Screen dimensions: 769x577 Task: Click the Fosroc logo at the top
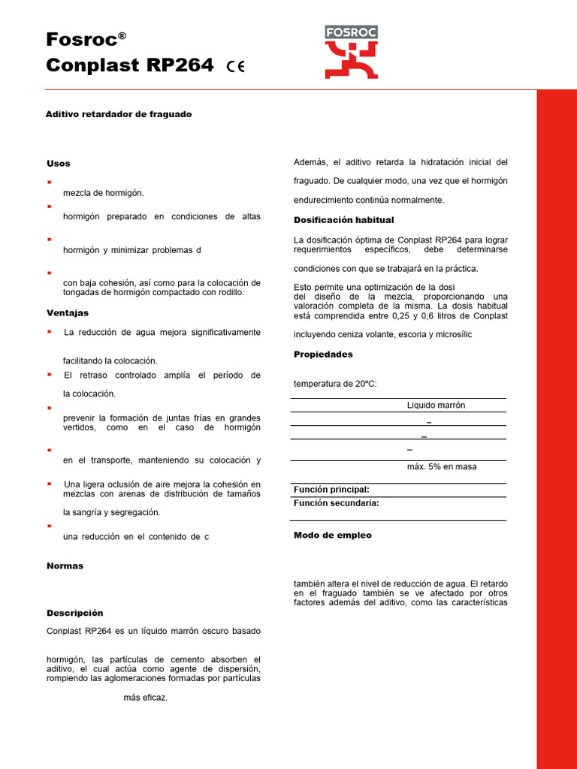point(351,52)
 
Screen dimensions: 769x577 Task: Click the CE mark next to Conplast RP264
point(235,67)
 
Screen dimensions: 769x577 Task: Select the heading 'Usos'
point(59,164)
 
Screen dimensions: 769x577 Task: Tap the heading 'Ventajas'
point(68,313)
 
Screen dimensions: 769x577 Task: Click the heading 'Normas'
point(65,566)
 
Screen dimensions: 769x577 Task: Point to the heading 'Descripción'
point(75,614)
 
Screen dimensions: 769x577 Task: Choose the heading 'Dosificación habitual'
point(343,220)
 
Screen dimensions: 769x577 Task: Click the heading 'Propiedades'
point(323,354)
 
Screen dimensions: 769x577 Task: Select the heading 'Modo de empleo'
point(332,535)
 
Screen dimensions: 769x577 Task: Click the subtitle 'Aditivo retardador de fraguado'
point(119,114)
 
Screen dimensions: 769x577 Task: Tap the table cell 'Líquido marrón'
point(436,406)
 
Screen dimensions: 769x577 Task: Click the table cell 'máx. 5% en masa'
point(442,467)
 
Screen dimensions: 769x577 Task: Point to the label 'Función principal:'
point(331,490)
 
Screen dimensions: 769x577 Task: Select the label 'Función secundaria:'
point(336,504)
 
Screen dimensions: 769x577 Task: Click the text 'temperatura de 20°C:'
point(335,384)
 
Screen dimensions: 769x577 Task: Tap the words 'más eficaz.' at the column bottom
point(146,698)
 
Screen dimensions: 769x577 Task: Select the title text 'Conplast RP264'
point(129,65)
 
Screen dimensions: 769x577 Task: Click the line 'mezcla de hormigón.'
point(103,193)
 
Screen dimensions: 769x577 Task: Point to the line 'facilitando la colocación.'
point(110,361)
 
